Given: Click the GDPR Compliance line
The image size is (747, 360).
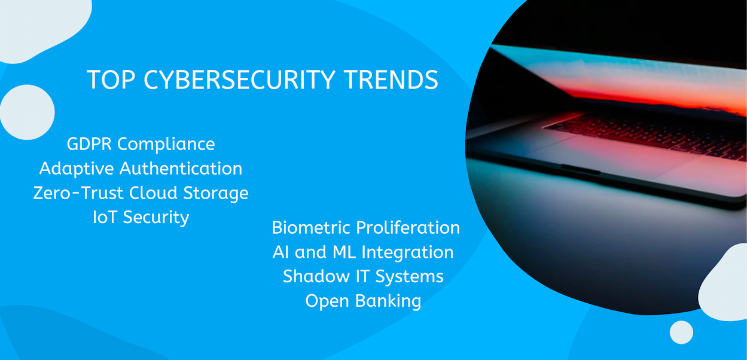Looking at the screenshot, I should [141, 144].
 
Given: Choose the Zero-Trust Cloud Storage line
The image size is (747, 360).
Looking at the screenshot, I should [141, 193].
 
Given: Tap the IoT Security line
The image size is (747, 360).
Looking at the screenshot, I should [141, 217].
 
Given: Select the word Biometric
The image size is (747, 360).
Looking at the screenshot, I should [311, 228].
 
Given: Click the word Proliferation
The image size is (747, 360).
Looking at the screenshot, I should [408, 228].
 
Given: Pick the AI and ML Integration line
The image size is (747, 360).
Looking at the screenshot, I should [363, 252].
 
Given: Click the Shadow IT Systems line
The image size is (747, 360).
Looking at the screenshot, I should [363, 276].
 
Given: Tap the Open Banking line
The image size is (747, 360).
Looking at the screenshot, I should [363, 301].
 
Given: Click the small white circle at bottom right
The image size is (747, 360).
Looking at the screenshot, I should [681, 332].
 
